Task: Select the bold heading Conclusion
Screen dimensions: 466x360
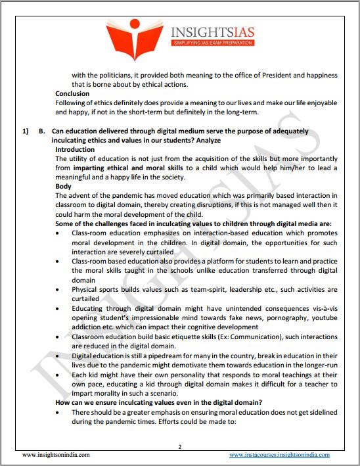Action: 72,94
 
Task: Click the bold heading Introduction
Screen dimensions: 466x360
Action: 75,149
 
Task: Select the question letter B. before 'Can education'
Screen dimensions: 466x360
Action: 41,131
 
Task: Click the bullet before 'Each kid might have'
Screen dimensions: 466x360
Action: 60,373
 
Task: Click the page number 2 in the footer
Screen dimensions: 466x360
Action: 179,446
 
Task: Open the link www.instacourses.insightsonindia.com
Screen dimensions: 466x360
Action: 279,454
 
